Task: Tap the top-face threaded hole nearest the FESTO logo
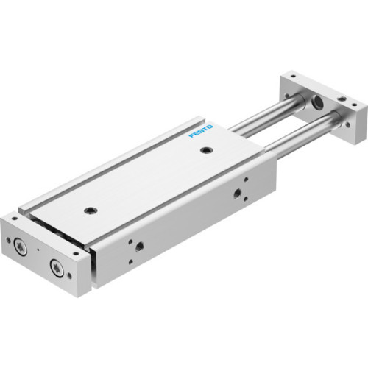pos(205,151)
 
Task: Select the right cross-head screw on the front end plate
pos(55,266)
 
